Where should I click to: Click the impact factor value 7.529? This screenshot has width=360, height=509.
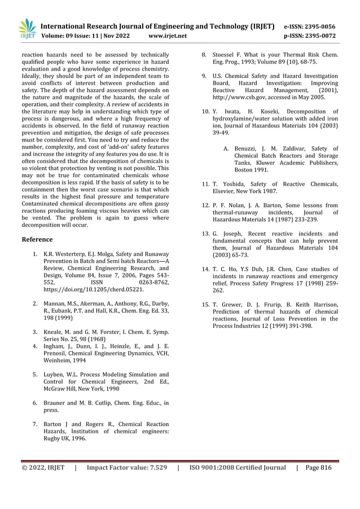tap(153, 467)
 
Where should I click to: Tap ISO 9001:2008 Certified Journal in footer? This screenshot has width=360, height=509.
tap(238, 467)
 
